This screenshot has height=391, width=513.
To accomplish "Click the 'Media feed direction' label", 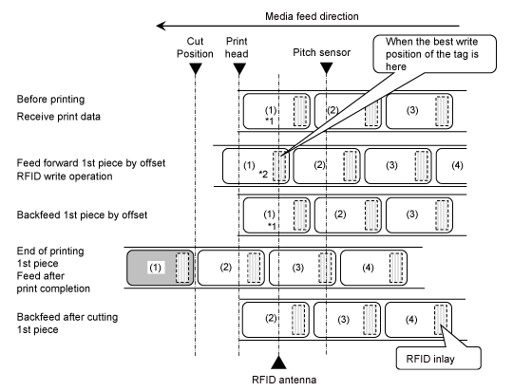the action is tap(312, 16).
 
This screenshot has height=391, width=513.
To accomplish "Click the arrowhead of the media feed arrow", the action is tap(161, 26).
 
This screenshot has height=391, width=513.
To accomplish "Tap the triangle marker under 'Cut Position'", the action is tap(196, 69).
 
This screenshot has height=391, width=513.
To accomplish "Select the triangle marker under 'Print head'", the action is tap(239, 69).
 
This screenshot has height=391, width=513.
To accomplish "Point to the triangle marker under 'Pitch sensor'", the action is tap(326, 68).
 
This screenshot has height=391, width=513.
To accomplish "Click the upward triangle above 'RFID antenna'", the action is tap(278, 363).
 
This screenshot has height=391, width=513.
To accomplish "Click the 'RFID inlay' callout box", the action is tap(439, 359).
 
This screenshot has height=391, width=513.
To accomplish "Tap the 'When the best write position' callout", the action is tap(434, 54).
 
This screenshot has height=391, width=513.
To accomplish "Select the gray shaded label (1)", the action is tap(161, 268).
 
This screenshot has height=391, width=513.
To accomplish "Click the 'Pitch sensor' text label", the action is tap(322, 52).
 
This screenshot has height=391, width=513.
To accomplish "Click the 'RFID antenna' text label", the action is tap(284, 380).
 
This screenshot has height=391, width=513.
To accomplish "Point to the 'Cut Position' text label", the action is tap(195, 47).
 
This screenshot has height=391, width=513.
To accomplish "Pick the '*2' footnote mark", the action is tap(263, 175).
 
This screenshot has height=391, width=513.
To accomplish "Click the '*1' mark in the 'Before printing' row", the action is tap(270, 121).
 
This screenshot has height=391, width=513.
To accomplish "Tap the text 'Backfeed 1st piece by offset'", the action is tap(82, 214).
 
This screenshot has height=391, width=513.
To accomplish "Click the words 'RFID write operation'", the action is tap(65, 177).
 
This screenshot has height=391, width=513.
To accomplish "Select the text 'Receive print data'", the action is tap(59, 117).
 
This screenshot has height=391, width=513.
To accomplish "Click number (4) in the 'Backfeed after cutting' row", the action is tap(411, 319).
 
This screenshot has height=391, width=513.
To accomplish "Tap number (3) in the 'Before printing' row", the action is tap(412, 110).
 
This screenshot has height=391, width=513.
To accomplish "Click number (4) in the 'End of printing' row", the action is tap(368, 268).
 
